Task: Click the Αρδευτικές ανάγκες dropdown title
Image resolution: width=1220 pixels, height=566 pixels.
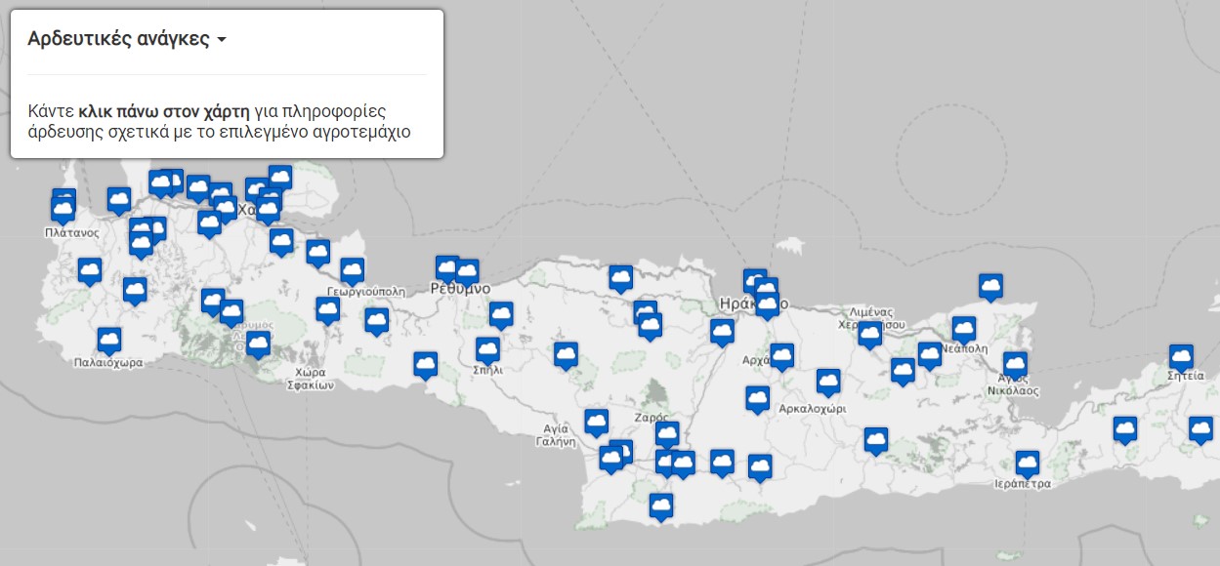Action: [x=118, y=40]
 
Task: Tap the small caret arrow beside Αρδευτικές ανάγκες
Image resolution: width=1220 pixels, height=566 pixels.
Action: [x=222, y=41]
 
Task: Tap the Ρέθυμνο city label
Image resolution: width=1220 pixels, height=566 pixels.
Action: [x=460, y=290]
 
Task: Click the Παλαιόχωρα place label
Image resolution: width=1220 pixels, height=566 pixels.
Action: [x=108, y=363]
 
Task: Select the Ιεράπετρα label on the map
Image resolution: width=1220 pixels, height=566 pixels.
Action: [x=1022, y=483]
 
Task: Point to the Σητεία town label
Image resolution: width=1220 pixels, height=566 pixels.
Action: [x=1185, y=376]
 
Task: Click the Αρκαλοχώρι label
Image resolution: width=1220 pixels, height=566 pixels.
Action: [x=812, y=408]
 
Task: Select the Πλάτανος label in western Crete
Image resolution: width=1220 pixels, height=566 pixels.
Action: [x=71, y=233]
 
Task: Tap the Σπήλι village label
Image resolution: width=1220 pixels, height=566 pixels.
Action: [x=487, y=371]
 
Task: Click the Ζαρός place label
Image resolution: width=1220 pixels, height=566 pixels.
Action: [x=651, y=417]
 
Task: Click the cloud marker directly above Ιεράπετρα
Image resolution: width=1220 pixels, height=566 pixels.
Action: [x=1027, y=462]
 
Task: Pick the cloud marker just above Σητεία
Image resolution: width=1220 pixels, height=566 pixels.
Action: [x=1181, y=356]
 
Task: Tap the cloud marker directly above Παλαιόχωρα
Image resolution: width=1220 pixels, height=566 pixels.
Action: [x=109, y=340]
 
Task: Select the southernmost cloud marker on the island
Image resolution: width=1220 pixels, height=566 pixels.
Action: [x=661, y=505]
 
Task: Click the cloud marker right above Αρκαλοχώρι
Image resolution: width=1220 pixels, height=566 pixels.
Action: [x=828, y=382]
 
